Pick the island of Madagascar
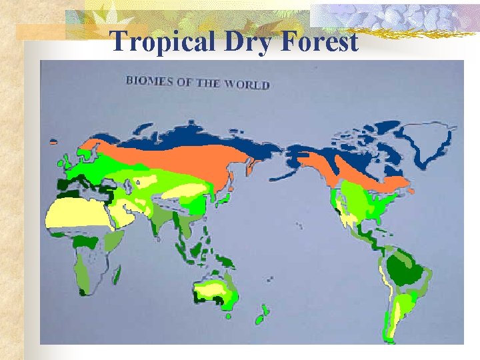tap(117, 273)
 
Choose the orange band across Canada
tap(353, 170)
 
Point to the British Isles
tap(67, 160)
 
